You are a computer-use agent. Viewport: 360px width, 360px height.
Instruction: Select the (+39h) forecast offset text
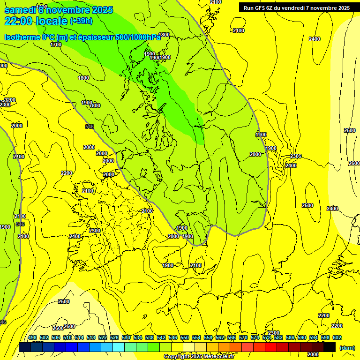(81, 21)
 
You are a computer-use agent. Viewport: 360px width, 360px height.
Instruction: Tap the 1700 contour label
(56, 45)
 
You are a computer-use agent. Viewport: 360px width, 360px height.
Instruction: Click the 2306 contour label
(295, 156)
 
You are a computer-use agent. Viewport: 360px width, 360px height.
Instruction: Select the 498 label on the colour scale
(32, 338)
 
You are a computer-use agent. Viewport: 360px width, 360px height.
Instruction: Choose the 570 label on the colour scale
(243, 338)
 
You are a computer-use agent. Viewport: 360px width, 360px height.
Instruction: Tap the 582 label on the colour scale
(278, 338)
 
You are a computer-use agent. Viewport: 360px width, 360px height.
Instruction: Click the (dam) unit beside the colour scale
(347, 347)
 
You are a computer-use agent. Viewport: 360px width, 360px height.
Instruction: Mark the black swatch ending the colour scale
(330, 347)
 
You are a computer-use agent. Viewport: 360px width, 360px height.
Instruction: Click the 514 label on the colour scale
(79, 338)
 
